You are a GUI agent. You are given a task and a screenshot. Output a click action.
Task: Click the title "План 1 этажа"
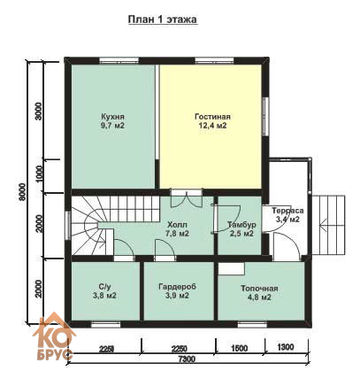163,19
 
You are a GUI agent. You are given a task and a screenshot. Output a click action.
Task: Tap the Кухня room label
112,120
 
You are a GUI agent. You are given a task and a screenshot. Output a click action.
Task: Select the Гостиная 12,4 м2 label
212,121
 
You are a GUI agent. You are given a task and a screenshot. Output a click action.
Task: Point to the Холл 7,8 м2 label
177,229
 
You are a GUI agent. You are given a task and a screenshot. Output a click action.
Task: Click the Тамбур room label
241,229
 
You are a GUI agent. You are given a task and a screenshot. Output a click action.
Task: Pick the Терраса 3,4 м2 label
287,215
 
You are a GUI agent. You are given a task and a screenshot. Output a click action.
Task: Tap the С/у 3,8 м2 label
104,291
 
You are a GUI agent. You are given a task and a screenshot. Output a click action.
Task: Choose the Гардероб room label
177,291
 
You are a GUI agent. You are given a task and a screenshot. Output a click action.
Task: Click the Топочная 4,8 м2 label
259,293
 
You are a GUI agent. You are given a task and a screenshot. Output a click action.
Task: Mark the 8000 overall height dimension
21,192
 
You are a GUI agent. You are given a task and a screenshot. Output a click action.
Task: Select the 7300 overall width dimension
187,359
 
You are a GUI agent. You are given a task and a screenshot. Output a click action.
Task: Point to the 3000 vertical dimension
38,111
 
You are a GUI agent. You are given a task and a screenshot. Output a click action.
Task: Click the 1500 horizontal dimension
239,348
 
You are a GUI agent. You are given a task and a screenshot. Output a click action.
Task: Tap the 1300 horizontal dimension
286,347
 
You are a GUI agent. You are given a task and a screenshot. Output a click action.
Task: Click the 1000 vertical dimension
38,174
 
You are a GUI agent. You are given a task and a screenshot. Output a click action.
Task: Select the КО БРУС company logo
53,337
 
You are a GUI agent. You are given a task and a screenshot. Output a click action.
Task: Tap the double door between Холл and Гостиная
187,199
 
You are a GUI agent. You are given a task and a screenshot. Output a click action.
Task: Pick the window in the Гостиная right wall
265,116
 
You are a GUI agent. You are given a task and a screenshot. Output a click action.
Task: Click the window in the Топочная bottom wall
252,325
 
